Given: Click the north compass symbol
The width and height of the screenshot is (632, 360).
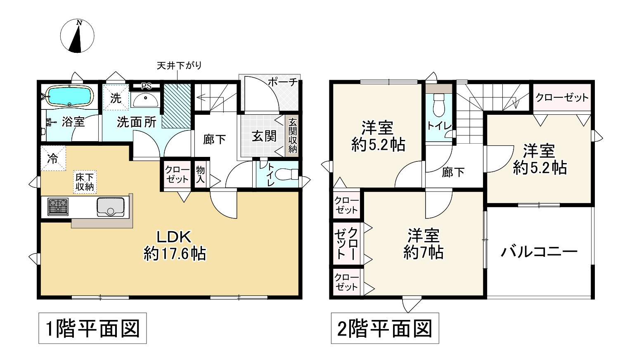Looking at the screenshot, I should [77, 36].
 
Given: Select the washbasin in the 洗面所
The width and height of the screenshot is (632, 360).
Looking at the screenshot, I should [145, 99].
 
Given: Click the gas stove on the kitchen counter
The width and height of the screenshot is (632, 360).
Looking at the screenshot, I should [58, 206].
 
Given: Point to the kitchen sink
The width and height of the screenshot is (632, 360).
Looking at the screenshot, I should [110, 206].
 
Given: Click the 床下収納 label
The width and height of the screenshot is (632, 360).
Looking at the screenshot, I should [85, 182].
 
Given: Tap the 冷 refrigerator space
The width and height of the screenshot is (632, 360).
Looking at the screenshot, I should [52, 159].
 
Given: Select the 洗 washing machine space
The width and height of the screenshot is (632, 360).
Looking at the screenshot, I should [116, 98].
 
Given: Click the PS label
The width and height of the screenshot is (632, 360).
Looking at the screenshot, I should [146, 86].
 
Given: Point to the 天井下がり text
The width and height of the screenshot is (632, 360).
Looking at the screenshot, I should [179, 65].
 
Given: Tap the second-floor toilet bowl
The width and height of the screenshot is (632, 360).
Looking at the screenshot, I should [438, 105].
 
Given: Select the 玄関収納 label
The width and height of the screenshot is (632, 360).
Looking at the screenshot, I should [292, 135].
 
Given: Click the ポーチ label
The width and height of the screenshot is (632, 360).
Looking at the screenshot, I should [282, 81].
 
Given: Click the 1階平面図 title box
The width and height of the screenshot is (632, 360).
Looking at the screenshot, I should [93, 329].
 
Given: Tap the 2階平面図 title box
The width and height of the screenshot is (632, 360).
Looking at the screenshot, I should [385, 329].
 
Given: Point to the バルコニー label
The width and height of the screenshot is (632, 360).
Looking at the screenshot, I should [539, 252].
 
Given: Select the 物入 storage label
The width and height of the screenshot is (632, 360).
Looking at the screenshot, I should [201, 175].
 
